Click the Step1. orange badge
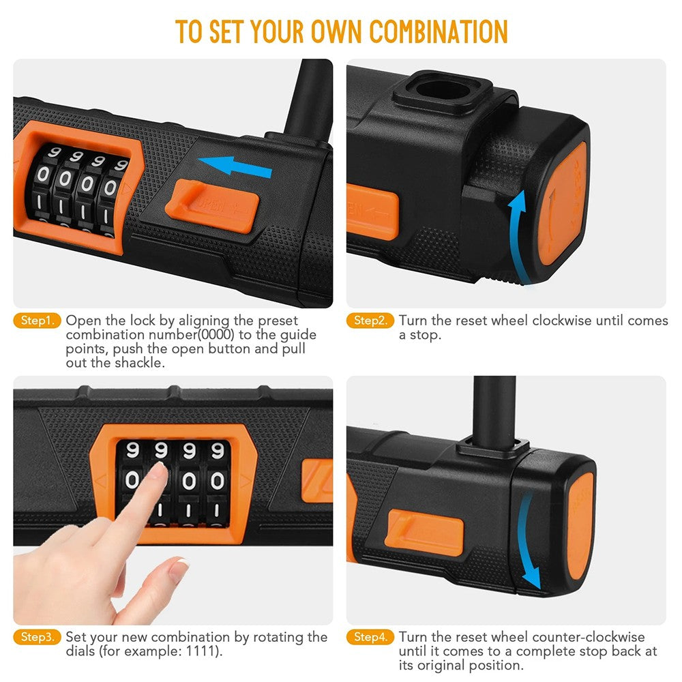pos(38,321)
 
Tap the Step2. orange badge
pos(370,321)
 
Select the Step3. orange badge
pos(38,637)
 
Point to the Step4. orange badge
pos(370,637)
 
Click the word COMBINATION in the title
pos(439,32)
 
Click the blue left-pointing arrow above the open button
pos(235,166)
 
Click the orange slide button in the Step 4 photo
pos(424,533)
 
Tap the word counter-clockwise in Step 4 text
pos(558,637)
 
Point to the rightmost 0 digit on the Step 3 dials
pos(217,481)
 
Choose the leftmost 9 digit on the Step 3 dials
pos(133,451)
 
